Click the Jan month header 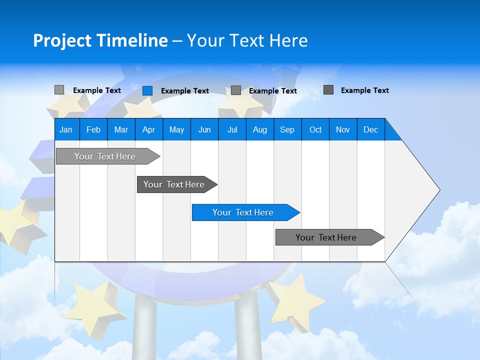pos(66,129)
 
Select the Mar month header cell pos(121,129)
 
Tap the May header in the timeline pos(176,129)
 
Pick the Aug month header pos(259,129)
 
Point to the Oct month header pos(315,129)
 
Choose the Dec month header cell pos(370,129)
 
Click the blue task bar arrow pos(245,212)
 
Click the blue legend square pos(147,90)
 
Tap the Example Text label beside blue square pos(184,91)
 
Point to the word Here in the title pos(288,40)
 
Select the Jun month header pos(204,129)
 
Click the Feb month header pos(93,129)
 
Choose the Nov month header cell pos(343,129)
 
